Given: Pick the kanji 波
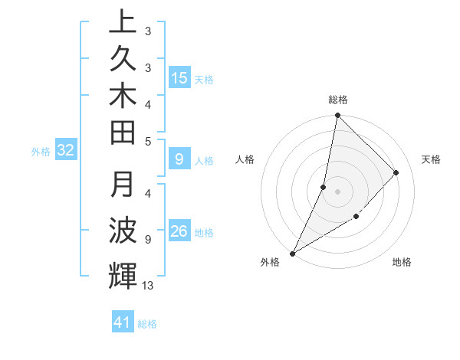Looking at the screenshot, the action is click(123, 230).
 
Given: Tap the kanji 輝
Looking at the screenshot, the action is click(123, 276).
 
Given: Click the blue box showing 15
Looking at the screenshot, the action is click(179, 77).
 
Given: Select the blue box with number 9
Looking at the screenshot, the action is click(179, 159).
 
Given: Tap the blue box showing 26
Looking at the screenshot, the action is click(179, 231).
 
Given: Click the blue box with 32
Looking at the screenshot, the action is click(65, 151).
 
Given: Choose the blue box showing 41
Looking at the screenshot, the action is click(123, 323).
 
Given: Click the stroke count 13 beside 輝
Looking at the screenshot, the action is click(148, 286).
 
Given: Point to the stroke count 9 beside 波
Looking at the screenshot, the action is click(148, 240).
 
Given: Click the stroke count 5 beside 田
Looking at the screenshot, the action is click(148, 141).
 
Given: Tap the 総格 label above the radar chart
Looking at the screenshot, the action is click(337, 100).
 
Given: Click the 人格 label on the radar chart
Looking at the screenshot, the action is click(245, 159).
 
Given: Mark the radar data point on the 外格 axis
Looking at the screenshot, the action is click(293, 253).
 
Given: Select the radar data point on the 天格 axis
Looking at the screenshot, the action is click(396, 172).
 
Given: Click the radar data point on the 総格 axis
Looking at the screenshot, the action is click(337, 115).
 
